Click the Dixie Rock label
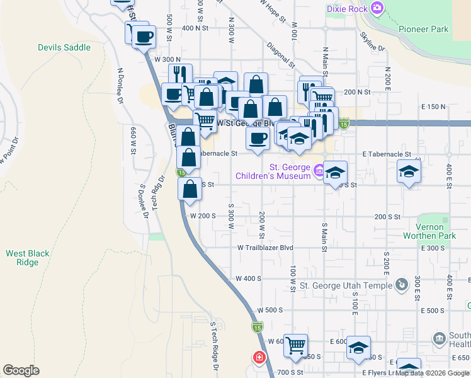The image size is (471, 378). tap(347, 9)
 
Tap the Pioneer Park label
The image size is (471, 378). tap(423, 29)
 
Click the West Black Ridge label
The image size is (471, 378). tap(28, 258)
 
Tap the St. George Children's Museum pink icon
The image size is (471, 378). tap(319, 169)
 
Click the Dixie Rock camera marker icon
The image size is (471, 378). tap(377, 8)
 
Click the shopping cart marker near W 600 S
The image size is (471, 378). tap(295, 345)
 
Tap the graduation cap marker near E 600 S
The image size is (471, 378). tap(358, 347)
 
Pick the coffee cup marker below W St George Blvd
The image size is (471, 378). tap(257, 139)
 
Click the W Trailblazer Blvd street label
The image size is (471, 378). tap(266, 248)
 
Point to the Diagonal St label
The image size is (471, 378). tap(281, 55)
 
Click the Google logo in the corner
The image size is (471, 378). tap(21, 370)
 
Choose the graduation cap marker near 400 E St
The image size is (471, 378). tap(409, 172)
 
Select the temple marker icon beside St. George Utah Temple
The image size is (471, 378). tap(400, 285)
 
